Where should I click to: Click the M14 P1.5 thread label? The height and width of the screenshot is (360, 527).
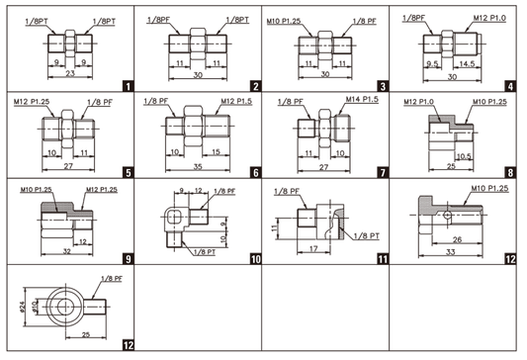tap(362, 100)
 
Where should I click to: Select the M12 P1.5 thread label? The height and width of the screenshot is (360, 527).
tap(236, 101)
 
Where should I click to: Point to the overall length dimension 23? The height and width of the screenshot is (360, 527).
tap(70, 73)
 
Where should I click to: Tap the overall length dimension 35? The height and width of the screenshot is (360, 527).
tap(198, 166)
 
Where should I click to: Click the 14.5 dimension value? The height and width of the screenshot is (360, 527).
tap(467, 64)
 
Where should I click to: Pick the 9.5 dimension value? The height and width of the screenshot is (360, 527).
tap(432, 64)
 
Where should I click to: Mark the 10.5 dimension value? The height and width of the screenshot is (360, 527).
tap(464, 156)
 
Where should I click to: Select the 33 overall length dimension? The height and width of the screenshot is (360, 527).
tap(450, 252)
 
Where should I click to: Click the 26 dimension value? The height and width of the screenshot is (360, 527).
tap(457, 239)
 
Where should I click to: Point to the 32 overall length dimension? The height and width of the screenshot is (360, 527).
tap(67, 251)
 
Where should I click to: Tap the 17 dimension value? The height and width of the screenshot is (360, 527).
tap(313, 249)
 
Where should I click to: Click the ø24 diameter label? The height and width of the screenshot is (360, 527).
tap(22, 307)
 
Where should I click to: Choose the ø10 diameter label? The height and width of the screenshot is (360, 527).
tap(34, 307)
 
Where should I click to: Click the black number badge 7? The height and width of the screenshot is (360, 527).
tap(383, 173)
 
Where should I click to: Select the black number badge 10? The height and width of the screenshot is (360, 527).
tap(255, 259)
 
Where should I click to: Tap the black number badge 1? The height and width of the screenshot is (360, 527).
tap(129, 86)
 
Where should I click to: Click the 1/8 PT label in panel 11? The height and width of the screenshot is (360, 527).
tap(367, 236)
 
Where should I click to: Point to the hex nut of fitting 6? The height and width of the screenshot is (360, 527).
tap(193, 126)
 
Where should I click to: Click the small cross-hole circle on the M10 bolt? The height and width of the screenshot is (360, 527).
tap(447, 215)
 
